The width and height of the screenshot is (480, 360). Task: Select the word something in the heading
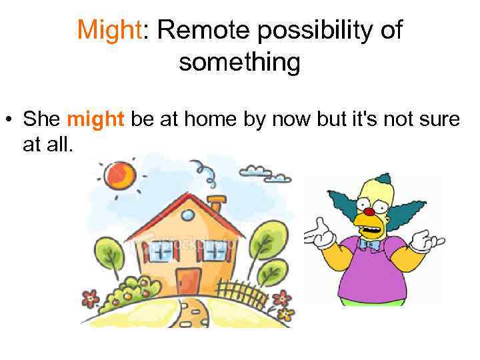point(239,63)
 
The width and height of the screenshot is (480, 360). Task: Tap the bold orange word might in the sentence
point(96,119)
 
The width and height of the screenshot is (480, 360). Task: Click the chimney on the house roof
point(217,203)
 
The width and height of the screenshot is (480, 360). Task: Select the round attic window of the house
point(188,215)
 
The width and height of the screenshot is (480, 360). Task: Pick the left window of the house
point(159,253)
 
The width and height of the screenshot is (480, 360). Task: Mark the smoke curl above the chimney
point(209,175)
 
